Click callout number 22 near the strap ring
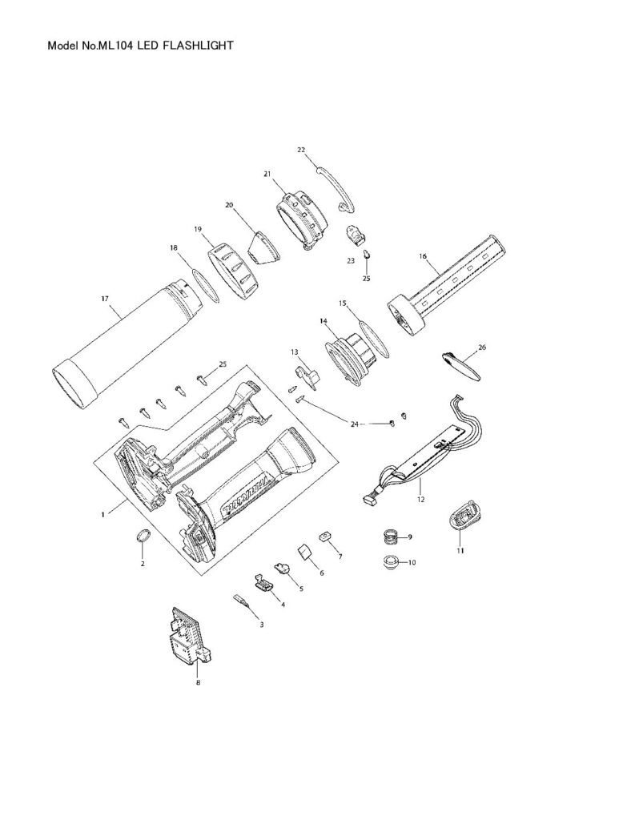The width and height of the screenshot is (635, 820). (301, 150)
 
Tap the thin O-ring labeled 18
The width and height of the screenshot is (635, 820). (204, 286)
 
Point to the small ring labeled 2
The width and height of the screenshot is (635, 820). (142, 537)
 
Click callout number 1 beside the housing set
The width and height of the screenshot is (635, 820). (102, 514)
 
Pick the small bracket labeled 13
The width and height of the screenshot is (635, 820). (307, 373)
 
